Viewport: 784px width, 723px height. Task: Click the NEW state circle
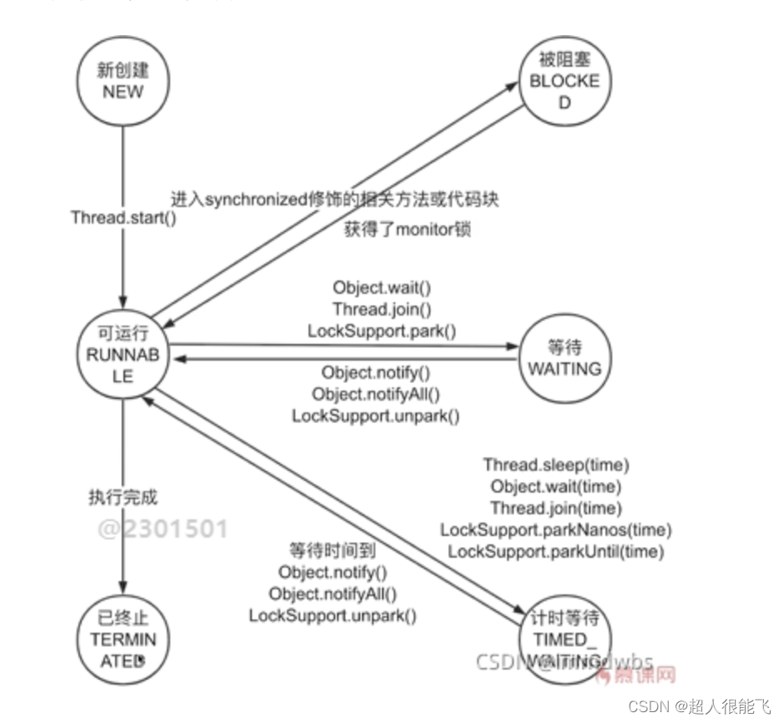pyautogui.click(x=123, y=82)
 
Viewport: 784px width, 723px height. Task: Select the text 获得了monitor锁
pyautogui.click(x=407, y=230)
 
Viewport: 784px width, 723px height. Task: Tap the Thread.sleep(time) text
pyautogui.click(x=556, y=465)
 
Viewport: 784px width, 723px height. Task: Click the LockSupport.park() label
pyautogui.click(x=381, y=331)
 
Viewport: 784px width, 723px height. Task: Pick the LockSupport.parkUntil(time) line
pyautogui.click(x=556, y=552)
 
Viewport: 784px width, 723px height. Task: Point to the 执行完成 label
pyautogui.click(x=123, y=498)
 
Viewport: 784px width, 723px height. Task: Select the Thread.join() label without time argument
pyautogui.click(x=381, y=310)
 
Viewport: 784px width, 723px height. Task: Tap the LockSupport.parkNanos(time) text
pyautogui.click(x=556, y=530)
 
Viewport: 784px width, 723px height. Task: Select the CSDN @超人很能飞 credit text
pyautogui.click(x=699, y=706)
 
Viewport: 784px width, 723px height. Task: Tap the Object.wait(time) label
pyautogui.click(x=556, y=487)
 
